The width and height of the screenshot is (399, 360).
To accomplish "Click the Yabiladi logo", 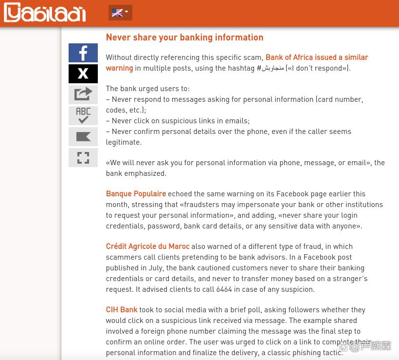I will coord(45,13).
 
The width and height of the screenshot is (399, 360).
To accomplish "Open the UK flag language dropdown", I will coord(120,13).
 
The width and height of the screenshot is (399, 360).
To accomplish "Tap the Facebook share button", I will coord(83,53).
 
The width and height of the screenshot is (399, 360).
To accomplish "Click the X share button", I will coord(83,74).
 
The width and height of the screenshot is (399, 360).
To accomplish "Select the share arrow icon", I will coord(83,95).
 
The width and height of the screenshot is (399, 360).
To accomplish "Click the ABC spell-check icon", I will coord(83,115).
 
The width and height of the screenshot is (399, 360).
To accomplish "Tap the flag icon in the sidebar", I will coord(83,137).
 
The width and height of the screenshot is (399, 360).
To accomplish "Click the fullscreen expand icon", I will coord(83,158).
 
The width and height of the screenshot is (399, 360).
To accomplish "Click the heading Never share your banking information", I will coord(184,38).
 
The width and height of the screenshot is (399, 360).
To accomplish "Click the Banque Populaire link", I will coord(136,194).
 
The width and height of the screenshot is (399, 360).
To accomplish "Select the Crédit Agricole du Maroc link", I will coord(147,246).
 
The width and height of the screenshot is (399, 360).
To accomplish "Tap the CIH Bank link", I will coord(122,310).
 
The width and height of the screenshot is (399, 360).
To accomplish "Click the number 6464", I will coord(224,289).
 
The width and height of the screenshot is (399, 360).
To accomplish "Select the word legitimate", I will coord(124,142).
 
